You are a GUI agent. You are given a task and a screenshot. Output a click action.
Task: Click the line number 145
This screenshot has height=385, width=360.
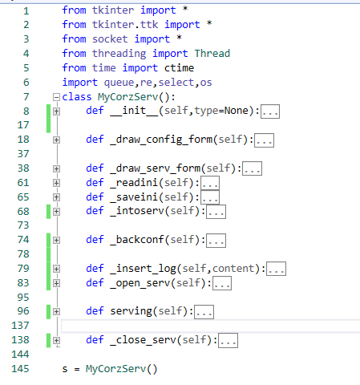[20, 369]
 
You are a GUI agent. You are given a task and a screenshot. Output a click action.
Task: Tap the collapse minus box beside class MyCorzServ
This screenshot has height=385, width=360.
[56, 97]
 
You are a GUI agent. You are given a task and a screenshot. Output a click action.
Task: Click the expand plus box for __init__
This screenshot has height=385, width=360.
[56, 111]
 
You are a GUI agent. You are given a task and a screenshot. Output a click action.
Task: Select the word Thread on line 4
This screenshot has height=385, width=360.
[212, 53]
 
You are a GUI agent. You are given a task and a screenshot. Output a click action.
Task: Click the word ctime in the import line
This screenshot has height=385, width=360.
[179, 67]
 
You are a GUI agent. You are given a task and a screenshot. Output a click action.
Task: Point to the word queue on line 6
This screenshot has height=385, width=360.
[119, 83]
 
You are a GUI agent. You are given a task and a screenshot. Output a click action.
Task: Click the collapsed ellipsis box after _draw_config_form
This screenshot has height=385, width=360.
[264, 140]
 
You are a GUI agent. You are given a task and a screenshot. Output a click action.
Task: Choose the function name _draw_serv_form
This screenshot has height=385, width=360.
[155, 168]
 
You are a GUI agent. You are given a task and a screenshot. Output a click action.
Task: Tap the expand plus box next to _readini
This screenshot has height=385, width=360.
[56, 183]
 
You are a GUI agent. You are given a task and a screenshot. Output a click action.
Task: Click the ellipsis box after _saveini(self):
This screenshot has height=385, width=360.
[210, 197]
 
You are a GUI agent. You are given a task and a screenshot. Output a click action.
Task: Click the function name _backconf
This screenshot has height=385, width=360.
[137, 240]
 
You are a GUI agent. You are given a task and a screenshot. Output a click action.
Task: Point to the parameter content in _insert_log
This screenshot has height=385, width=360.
[233, 269]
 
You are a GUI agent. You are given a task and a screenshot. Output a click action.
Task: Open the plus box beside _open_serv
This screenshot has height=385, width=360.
[56, 283]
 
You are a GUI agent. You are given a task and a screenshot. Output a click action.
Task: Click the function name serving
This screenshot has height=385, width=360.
[131, 311]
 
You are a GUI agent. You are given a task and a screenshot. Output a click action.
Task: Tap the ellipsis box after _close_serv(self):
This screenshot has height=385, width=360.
[228, 341]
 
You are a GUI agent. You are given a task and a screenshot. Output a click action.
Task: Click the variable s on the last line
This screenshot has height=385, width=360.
[65, 369]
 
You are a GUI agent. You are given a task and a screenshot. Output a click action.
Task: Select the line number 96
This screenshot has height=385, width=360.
[23, 311]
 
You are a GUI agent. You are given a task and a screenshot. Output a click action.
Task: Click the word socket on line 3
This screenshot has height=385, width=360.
[110, 38]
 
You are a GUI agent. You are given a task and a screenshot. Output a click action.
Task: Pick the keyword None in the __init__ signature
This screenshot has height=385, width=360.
[237, 111]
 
